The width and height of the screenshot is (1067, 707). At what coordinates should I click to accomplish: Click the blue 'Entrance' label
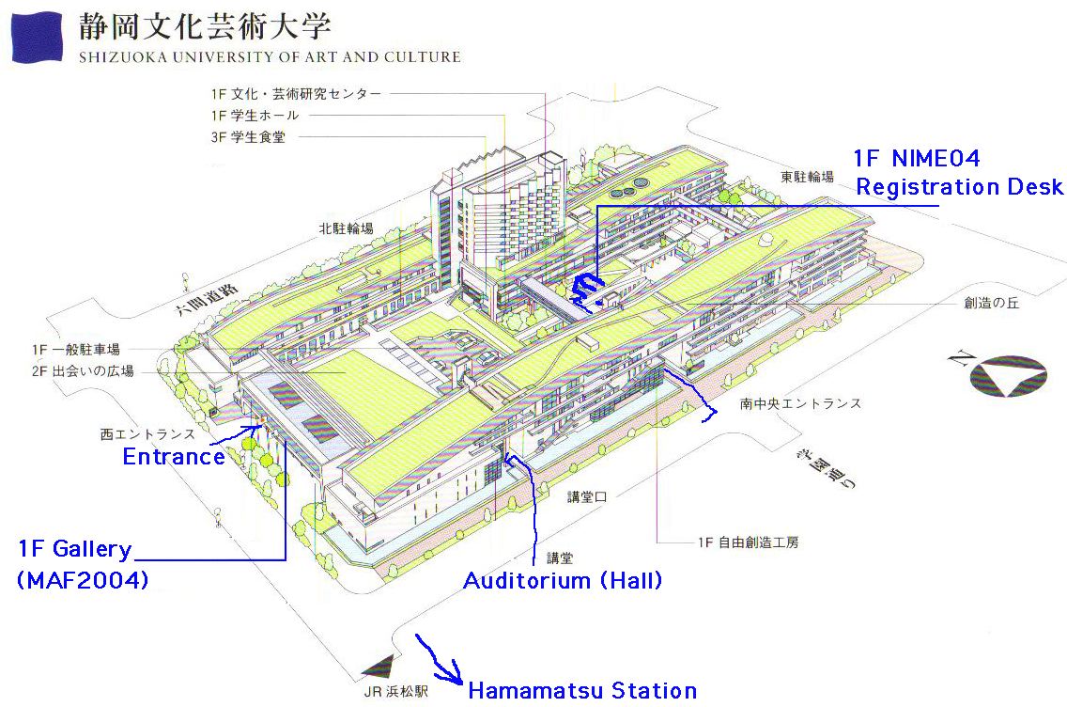click(174, 457)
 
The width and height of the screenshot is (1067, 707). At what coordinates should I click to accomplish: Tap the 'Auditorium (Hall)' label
click(563, 581)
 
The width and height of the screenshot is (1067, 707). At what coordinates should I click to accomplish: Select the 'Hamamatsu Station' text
click(582, 691)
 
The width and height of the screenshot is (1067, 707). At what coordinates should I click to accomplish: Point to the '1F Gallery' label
click(75, 549)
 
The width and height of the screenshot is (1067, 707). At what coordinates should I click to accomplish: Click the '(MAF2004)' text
click(83, 581)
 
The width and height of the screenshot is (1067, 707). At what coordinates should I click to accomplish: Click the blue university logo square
click(36, 38)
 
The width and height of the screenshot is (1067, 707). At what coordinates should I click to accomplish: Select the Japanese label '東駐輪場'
click(806, 176)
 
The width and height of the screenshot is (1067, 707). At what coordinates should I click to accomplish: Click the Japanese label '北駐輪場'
click(346, 228)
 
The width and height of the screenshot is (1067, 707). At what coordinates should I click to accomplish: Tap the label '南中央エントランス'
click(800, 404)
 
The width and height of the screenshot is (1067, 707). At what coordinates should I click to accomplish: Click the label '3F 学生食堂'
click(248, 136)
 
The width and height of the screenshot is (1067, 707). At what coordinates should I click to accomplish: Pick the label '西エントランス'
click(147, 434)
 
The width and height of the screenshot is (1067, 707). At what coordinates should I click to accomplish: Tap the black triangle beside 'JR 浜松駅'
click(380, 667)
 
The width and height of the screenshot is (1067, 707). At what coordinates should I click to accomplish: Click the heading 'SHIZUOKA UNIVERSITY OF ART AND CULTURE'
click(270, 57)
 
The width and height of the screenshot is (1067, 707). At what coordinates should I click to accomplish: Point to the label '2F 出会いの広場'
click(83, 371)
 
